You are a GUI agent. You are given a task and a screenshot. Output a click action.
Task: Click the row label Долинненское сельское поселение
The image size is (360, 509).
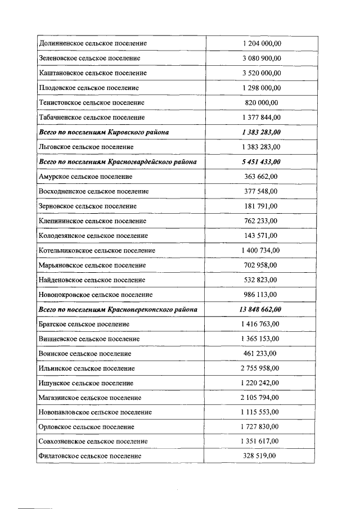point(93,43)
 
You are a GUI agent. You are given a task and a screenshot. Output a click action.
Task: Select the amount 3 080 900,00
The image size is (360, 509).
point(261,58)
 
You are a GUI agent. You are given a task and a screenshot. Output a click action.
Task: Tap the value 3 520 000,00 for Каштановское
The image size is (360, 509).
point(261,73)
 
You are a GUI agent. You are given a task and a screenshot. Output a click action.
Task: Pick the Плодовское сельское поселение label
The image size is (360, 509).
point(89,88)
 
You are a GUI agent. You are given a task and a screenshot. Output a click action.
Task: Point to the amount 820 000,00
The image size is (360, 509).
point(261,102)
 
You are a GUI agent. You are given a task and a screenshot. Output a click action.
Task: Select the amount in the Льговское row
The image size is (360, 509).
point(261,147)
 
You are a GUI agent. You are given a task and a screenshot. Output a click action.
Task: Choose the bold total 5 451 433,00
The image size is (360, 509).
point(261,161)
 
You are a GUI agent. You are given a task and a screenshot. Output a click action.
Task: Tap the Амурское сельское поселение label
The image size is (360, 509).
point(86,177)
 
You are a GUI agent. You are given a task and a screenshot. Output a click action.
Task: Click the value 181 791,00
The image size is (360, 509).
point(261,206)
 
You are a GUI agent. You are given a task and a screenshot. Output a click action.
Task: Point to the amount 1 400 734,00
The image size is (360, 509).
point(261,250)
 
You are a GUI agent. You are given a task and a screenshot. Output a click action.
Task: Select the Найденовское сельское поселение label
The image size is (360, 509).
point(92,280)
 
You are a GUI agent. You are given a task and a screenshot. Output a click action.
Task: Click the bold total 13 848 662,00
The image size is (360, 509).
point(261,309)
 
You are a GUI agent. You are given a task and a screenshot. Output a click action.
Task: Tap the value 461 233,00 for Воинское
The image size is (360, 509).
point(261,353)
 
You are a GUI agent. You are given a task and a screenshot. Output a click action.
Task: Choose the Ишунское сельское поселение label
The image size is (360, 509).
point(86,383)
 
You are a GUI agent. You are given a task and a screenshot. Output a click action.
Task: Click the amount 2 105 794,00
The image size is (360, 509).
point(261,398)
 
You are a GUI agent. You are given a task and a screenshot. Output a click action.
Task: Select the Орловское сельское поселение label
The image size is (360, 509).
point(87,427)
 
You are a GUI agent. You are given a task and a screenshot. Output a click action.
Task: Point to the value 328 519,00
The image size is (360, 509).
point(261,456)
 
